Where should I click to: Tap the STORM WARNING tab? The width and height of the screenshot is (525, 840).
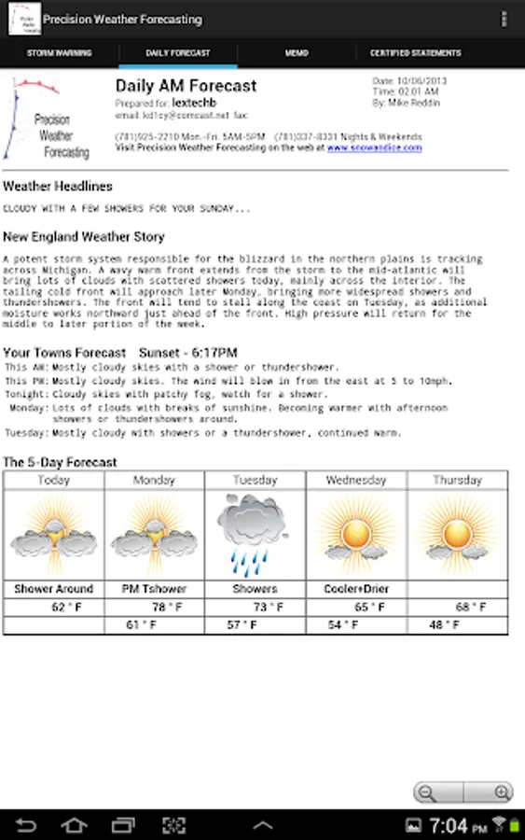pyautogui.click(x=59, y=53)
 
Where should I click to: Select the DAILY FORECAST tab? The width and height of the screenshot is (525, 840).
pyautogui.click(x=178, y=53)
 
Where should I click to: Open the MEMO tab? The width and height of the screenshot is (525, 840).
pyautogui.click(x=297, y=53)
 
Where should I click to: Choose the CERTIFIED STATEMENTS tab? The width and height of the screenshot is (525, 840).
pyautogui.click(x=415, y=53)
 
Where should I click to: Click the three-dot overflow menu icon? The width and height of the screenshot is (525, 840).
pyautogui.click(x=504, y=19)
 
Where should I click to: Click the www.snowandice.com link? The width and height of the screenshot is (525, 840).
pyautogui.click(x=374, y=147)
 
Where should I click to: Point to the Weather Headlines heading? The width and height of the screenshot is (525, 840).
pyautogui.click(x=58, y=187)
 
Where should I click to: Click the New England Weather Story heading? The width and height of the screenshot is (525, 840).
pyautogui.click(x=84, y=237)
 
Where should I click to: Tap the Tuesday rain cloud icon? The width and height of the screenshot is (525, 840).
pyautogui.click(x=255, y=535)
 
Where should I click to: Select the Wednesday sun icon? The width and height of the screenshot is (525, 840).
pyautogui.click(x=355, y=535)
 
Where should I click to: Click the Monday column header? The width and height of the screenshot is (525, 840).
pyautogui.click(x=154, y=480)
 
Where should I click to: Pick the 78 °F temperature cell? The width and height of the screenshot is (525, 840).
pyautogui.click(x=165, y=608)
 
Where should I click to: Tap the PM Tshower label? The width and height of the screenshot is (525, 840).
pyautogui.click(x=155, y=589)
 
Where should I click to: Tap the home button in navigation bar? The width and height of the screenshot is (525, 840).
pyautogui.click(x=75, y=825)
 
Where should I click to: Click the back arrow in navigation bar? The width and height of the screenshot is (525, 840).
pyautogui.click(x=26, y=825)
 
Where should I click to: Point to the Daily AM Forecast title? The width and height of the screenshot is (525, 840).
pyautogui.click(x=186, y=86)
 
